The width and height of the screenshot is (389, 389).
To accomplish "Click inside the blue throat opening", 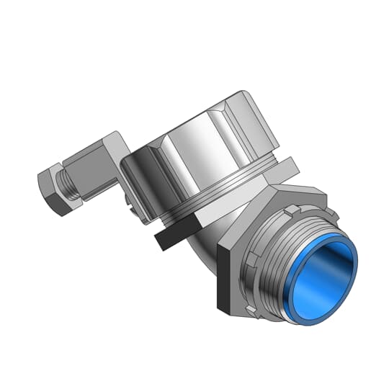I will click(x=317, y=277).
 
